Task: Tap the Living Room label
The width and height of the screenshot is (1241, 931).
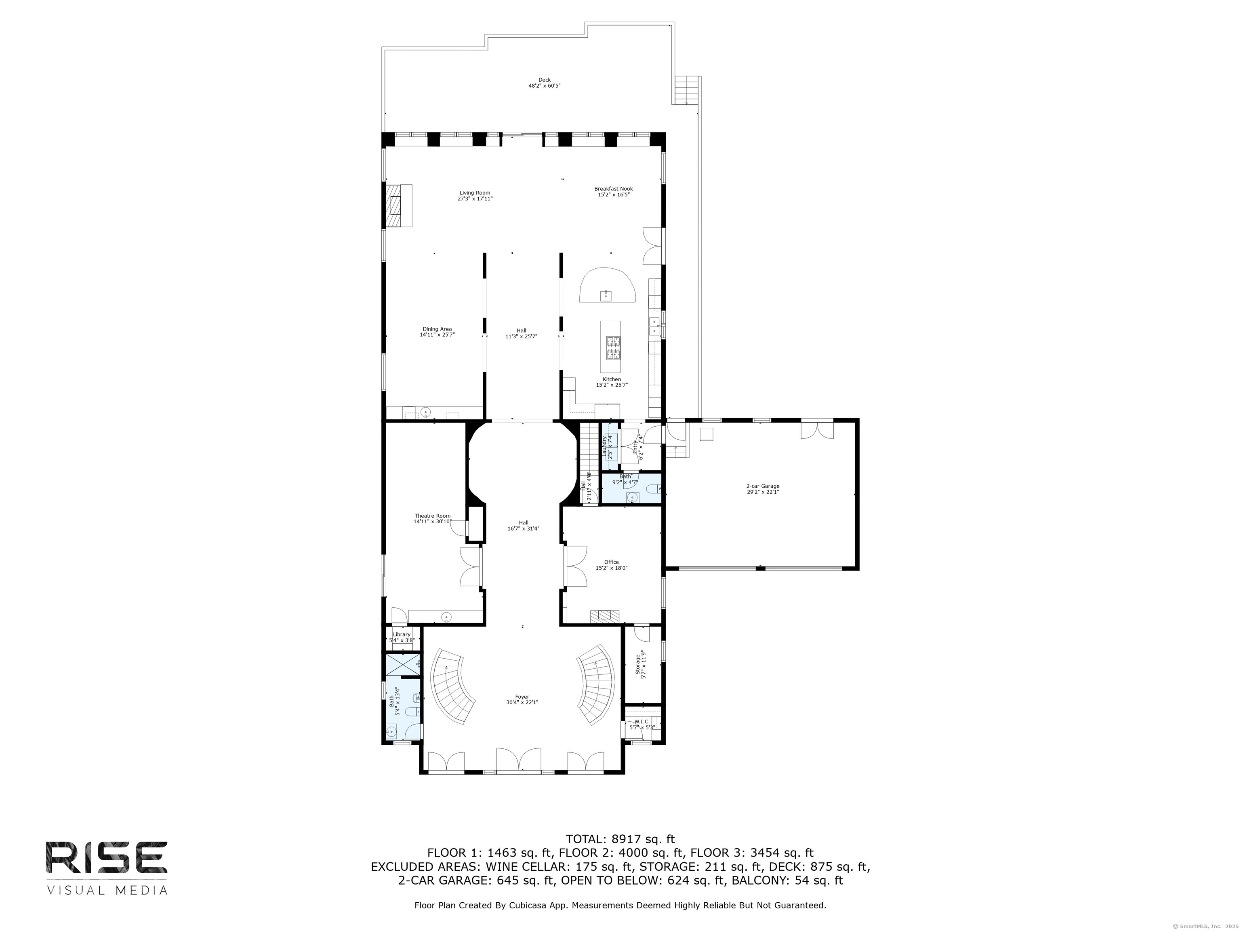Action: [x=475, y=195]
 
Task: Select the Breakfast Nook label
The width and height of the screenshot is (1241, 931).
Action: [x=613, y=192]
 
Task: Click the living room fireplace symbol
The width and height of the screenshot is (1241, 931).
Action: [x=398, y=205]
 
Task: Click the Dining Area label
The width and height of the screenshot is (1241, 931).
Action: [x=437, y=332]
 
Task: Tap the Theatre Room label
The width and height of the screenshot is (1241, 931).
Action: [x=432, y=518]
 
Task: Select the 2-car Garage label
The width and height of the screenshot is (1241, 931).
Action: [x=762, y=489]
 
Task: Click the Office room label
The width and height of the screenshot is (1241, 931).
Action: [x=612, y=564]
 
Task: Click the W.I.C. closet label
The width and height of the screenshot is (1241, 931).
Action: [x=642, y=724]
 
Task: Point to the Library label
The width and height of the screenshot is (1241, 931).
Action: [x=402, y=637]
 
